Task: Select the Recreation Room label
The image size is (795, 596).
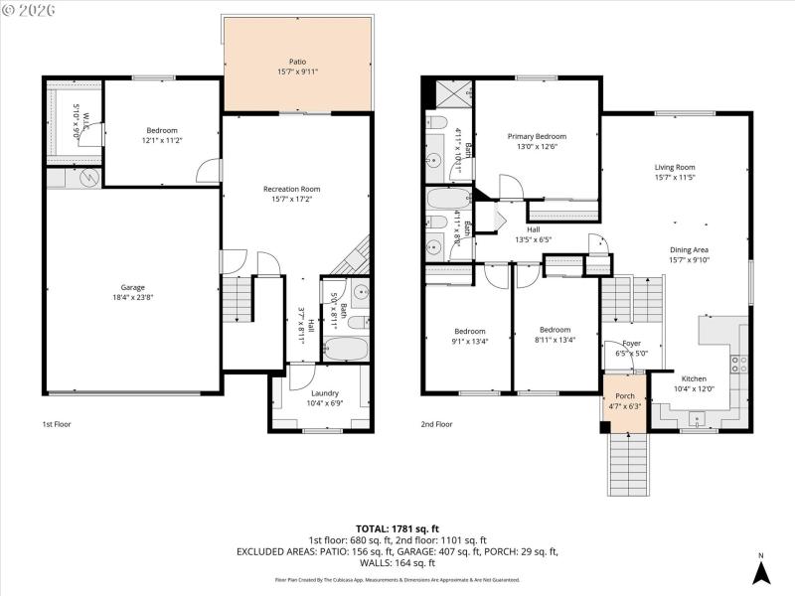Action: (x=291, y=189)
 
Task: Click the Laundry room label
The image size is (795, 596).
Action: (x=325, y=366)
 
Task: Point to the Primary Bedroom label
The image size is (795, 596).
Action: (x=537, y=136)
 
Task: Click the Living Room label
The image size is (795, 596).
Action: (x=674, y=167)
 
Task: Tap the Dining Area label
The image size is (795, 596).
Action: (x=674, y=250)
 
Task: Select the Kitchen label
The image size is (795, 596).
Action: (x=694, y=378)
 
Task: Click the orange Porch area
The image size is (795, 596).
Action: (x=624, y=400)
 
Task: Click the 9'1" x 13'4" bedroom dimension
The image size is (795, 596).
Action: (x=470, y=341)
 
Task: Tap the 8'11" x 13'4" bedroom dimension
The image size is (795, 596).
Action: (x=555, y=341)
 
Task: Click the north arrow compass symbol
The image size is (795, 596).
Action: (x=760, y=571)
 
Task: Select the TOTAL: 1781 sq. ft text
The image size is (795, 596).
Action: (x=397, y=528)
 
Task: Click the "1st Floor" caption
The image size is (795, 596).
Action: (x=57, y=424)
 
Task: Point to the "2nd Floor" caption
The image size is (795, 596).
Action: (x=436, y=424)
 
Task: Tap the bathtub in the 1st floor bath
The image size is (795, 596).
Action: (x=347, y=350)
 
